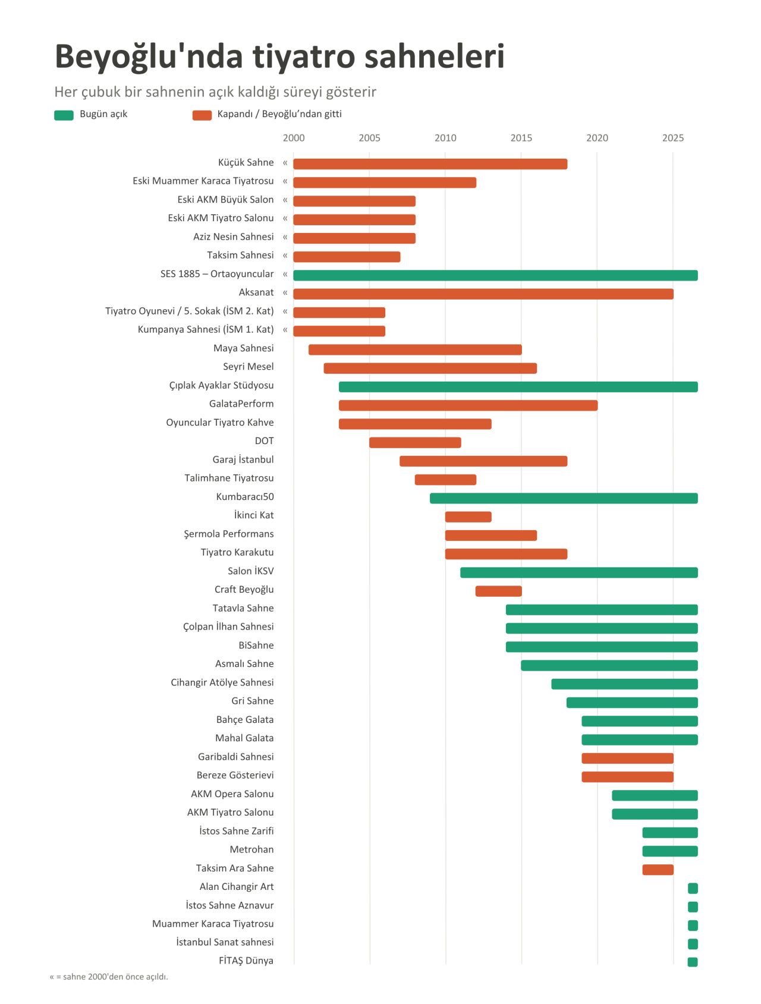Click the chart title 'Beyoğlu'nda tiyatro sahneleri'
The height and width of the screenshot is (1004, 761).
279,57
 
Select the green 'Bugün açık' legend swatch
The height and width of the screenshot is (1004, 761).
64,115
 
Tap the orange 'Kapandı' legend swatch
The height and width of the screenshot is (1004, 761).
202,115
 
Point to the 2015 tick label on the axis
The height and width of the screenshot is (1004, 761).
521,138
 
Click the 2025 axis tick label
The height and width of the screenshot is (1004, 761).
673,138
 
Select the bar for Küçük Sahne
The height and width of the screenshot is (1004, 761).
430,164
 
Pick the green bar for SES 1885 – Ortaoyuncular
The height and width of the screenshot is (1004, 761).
495,275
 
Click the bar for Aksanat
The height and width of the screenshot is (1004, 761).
483,294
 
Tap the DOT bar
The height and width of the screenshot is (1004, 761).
415,442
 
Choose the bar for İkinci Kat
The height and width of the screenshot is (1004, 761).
468,517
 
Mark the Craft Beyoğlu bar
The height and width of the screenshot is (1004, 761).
499,591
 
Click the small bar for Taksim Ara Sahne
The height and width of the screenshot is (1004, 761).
658,870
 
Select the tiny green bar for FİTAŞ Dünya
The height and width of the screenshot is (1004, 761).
693,962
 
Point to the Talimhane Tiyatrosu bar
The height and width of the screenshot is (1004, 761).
445,480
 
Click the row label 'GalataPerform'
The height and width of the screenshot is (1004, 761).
241,404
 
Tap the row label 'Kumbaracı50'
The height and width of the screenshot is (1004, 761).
245,496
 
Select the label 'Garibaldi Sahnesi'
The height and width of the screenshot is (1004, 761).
236,757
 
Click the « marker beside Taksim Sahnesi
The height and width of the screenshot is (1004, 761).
285,256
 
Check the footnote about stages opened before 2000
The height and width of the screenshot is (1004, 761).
109,977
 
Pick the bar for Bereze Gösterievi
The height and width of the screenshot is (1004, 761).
628,777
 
